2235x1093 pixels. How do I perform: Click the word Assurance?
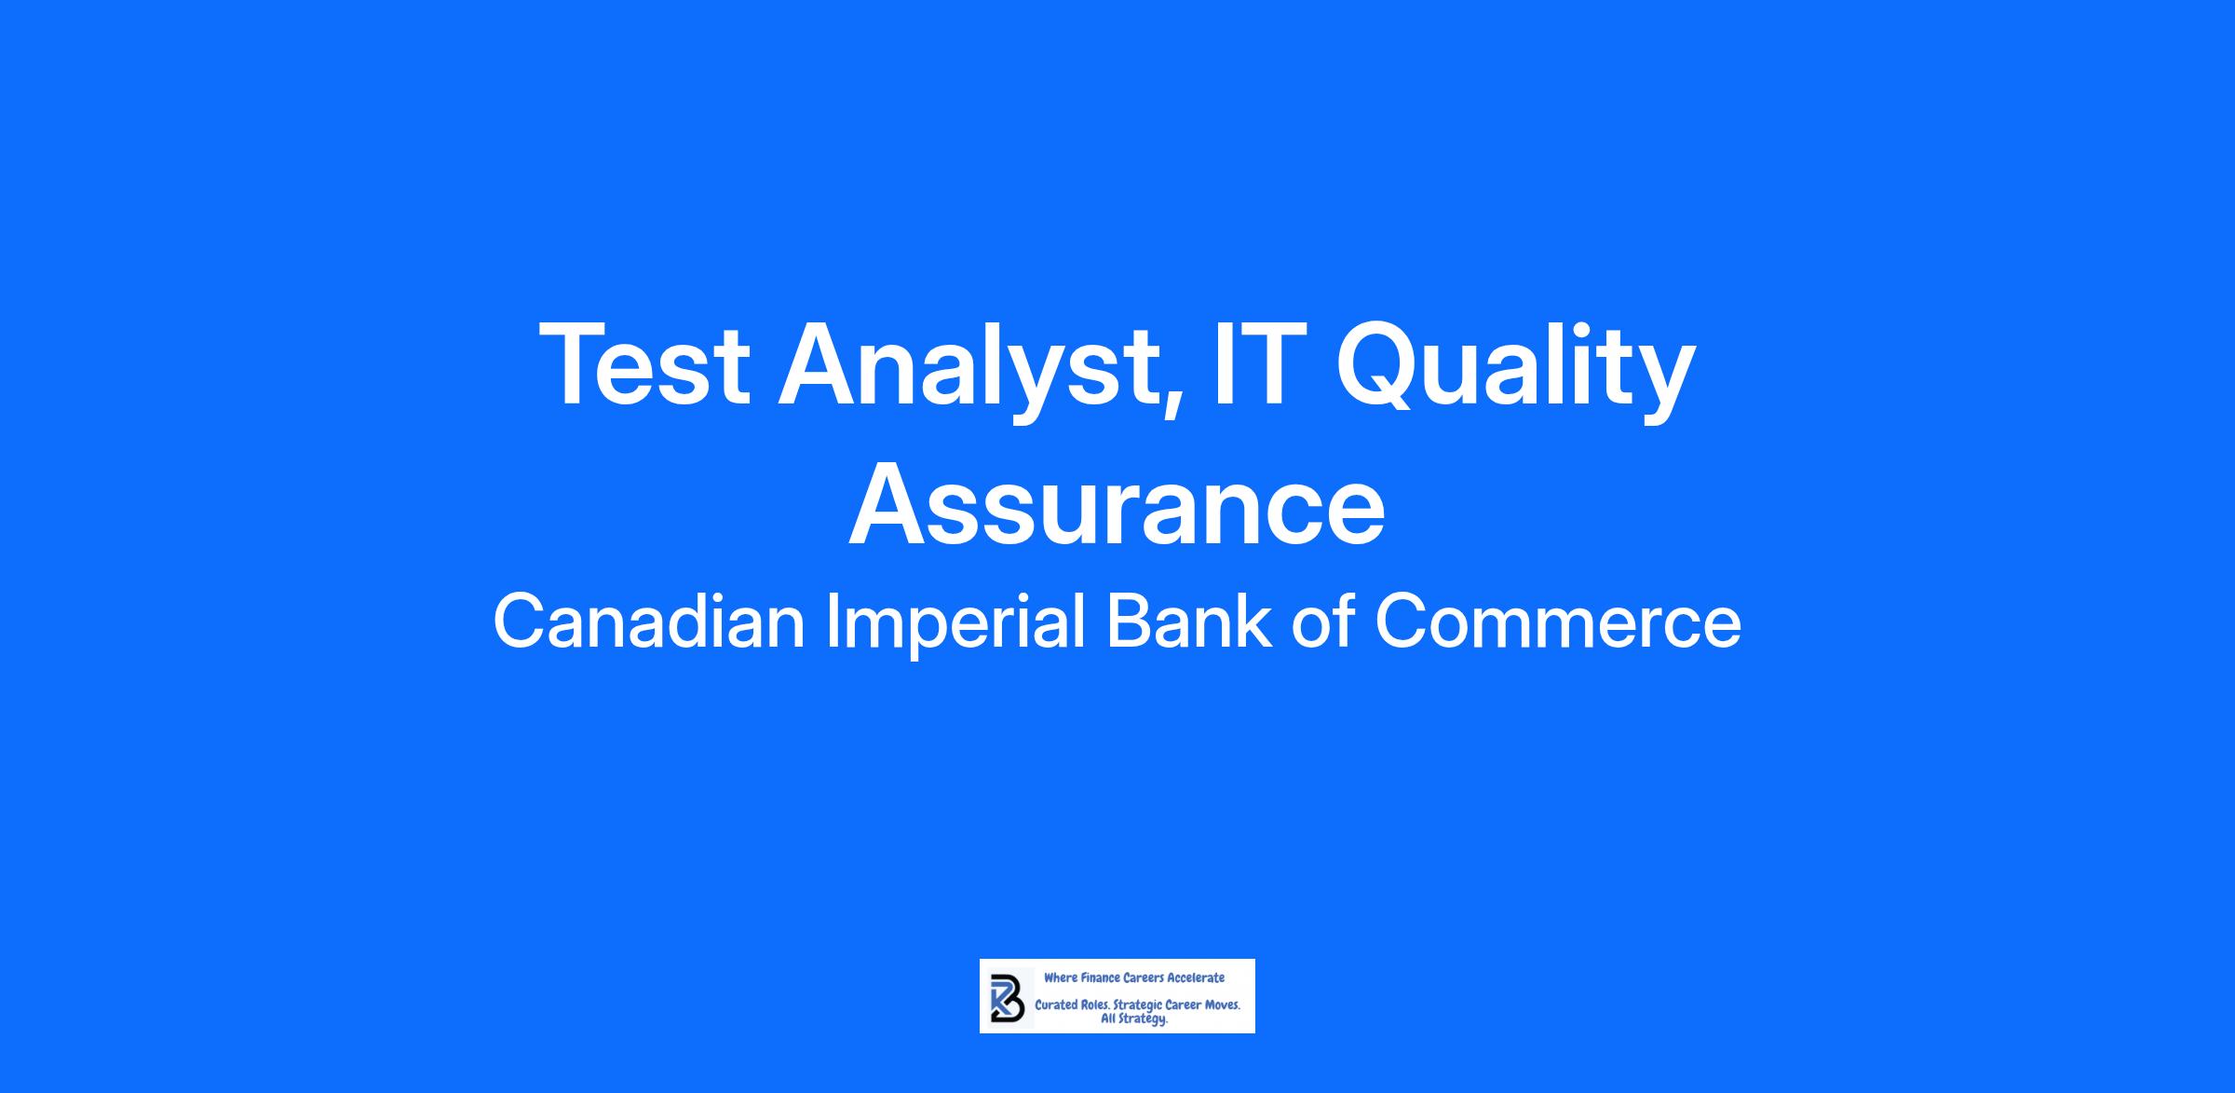(1117, 504)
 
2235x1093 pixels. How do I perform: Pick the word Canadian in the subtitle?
(649, 622)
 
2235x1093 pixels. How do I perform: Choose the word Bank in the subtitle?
(1188, 622)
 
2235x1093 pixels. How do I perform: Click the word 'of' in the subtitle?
(1321, 622)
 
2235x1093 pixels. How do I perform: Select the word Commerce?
(1558, 623)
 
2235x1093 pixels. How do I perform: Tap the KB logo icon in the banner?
(1007, 998)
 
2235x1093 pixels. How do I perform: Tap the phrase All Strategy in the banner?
(1133, 1019)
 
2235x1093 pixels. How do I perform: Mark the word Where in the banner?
(1061, 978)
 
